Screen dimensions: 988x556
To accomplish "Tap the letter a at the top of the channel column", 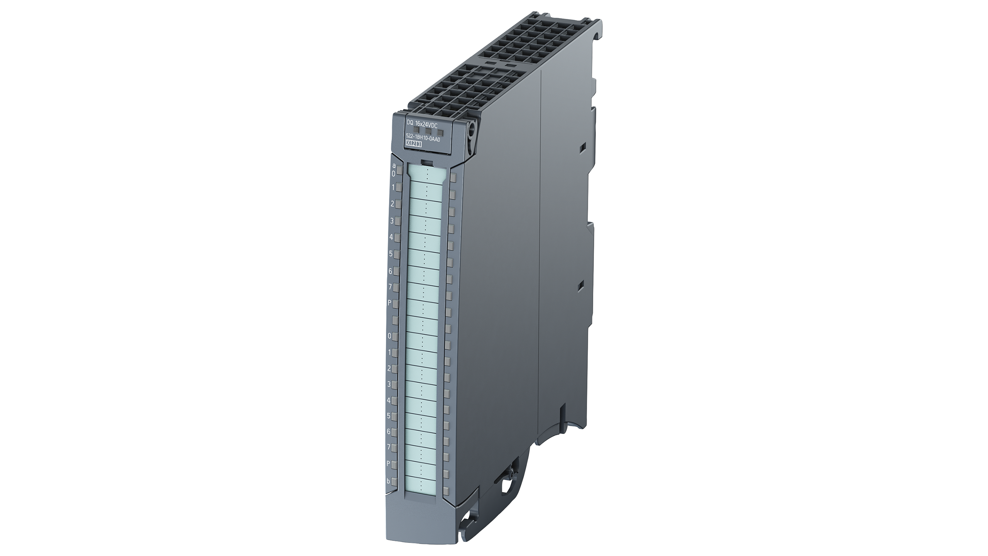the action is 394,166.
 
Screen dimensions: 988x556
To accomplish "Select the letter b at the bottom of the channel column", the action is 388,481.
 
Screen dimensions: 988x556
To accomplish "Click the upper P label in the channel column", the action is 390,303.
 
